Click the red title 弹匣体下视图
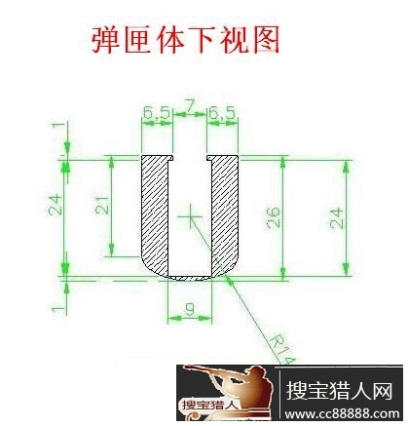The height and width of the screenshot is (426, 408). click(x=185, y=40)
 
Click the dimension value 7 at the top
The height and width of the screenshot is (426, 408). click(x=190, y=105)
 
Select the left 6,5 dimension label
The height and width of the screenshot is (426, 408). click(x=157, y=113)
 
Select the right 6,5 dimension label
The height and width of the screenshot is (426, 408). click(x=222, y=113)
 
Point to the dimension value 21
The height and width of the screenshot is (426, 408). click(x=102, y=205)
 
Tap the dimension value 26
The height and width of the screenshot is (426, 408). click(x=273, y=217)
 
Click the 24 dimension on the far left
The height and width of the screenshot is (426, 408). click(x=55, y=205)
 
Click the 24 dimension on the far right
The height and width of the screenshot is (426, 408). click(x=336, y=218)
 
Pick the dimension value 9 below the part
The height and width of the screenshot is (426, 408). click(x=189, y=309)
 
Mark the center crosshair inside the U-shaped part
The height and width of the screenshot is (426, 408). click(x=190, y=216)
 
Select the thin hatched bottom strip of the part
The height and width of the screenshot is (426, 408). click(x=190, y=278)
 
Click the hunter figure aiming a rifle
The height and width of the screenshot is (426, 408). click(x=228, y=387)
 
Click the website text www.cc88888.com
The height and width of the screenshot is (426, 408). click(x=342, y=413)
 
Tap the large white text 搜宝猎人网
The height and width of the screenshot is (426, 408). click(x=340, y=391)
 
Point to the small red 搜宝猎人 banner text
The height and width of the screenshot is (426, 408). click(x=210, y=405)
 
